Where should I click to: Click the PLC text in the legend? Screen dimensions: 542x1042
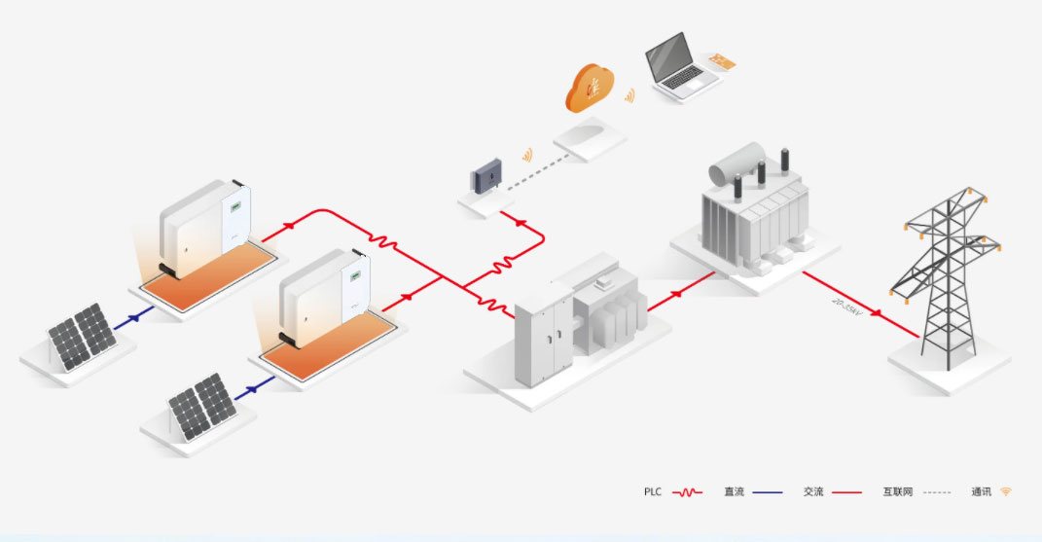pos(653,492)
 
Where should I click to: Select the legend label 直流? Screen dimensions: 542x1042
pos(734,492)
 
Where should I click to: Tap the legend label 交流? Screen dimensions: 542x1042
pos(813,492)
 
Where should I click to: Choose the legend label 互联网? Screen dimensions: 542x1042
pos(896,492)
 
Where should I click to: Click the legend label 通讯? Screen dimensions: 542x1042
pos(981,492)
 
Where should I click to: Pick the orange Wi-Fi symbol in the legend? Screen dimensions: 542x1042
pos(1006,491)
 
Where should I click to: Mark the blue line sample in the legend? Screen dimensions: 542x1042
pos(767,492)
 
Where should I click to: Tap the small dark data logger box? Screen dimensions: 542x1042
pos(486,177)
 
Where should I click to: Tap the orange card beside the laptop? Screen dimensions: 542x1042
pos(722,61)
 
